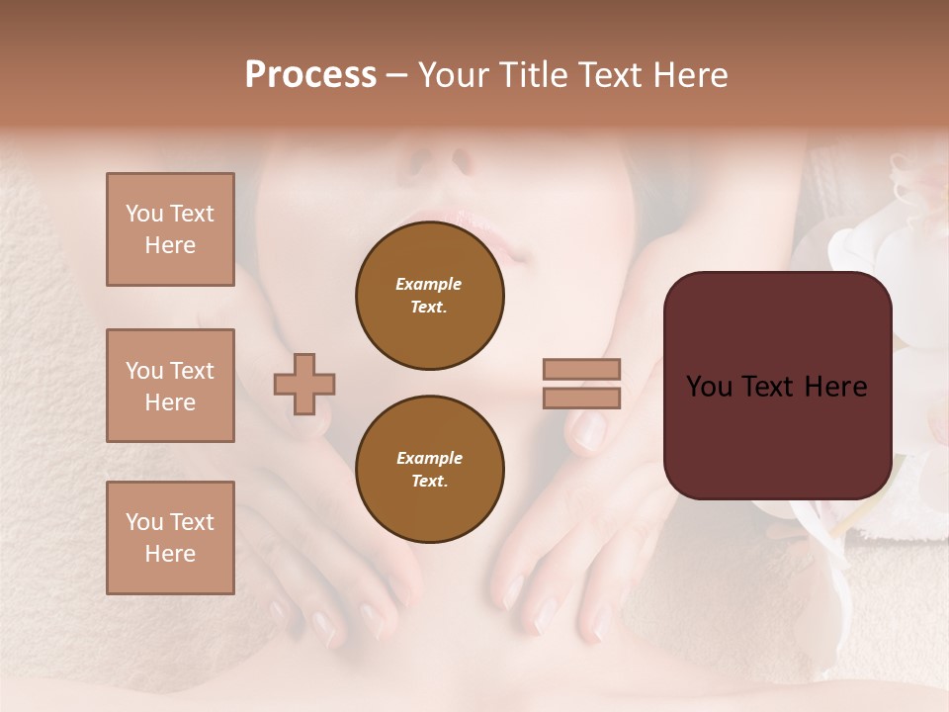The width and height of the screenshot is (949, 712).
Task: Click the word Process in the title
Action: click(310, 75)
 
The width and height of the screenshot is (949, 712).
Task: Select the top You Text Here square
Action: click(170, 229)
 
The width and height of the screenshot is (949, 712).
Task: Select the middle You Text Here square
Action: click(170, 386)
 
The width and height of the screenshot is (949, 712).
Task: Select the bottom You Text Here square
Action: click(170, 538)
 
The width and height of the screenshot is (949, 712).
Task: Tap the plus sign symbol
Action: click(304, 384)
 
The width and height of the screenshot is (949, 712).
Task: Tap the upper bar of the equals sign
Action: click(582, 370)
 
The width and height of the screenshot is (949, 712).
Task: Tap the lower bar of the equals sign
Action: click(582, 399)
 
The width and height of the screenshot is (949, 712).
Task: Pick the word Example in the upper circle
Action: click(429, 284)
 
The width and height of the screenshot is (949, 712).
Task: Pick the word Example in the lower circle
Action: click(429, 458)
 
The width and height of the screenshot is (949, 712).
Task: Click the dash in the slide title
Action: click(397, 75)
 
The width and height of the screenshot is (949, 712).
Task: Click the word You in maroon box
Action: click(710, 387)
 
